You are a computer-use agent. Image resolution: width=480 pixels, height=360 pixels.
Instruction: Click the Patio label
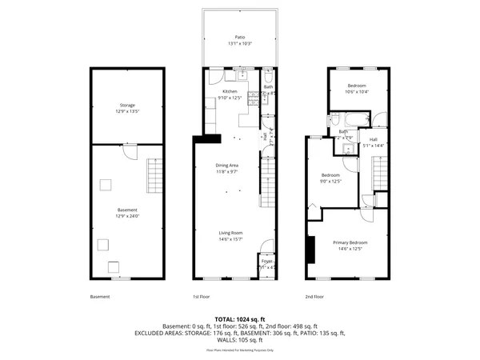coord(239,37)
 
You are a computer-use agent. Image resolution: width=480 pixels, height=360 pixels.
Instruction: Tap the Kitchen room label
coord(230,92)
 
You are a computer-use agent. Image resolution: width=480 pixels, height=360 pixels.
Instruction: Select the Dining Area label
coord(230,165)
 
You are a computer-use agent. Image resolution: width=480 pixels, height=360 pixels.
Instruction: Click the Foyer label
coord(266,261)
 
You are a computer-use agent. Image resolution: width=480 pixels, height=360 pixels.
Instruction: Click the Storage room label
coord(127,106)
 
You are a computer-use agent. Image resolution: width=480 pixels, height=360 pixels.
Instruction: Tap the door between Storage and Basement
coord(135,150)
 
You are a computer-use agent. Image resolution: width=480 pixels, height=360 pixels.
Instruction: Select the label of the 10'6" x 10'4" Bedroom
coord(356,86)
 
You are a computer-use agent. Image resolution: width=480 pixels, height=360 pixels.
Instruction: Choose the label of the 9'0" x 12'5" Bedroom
coord(330,175)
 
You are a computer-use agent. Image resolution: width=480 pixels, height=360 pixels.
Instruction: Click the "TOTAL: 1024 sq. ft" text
coord(240,318)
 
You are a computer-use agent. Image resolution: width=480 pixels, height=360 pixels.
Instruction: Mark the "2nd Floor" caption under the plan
coord(315,297)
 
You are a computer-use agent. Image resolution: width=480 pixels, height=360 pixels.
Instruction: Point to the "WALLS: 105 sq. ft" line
coord(240,339)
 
